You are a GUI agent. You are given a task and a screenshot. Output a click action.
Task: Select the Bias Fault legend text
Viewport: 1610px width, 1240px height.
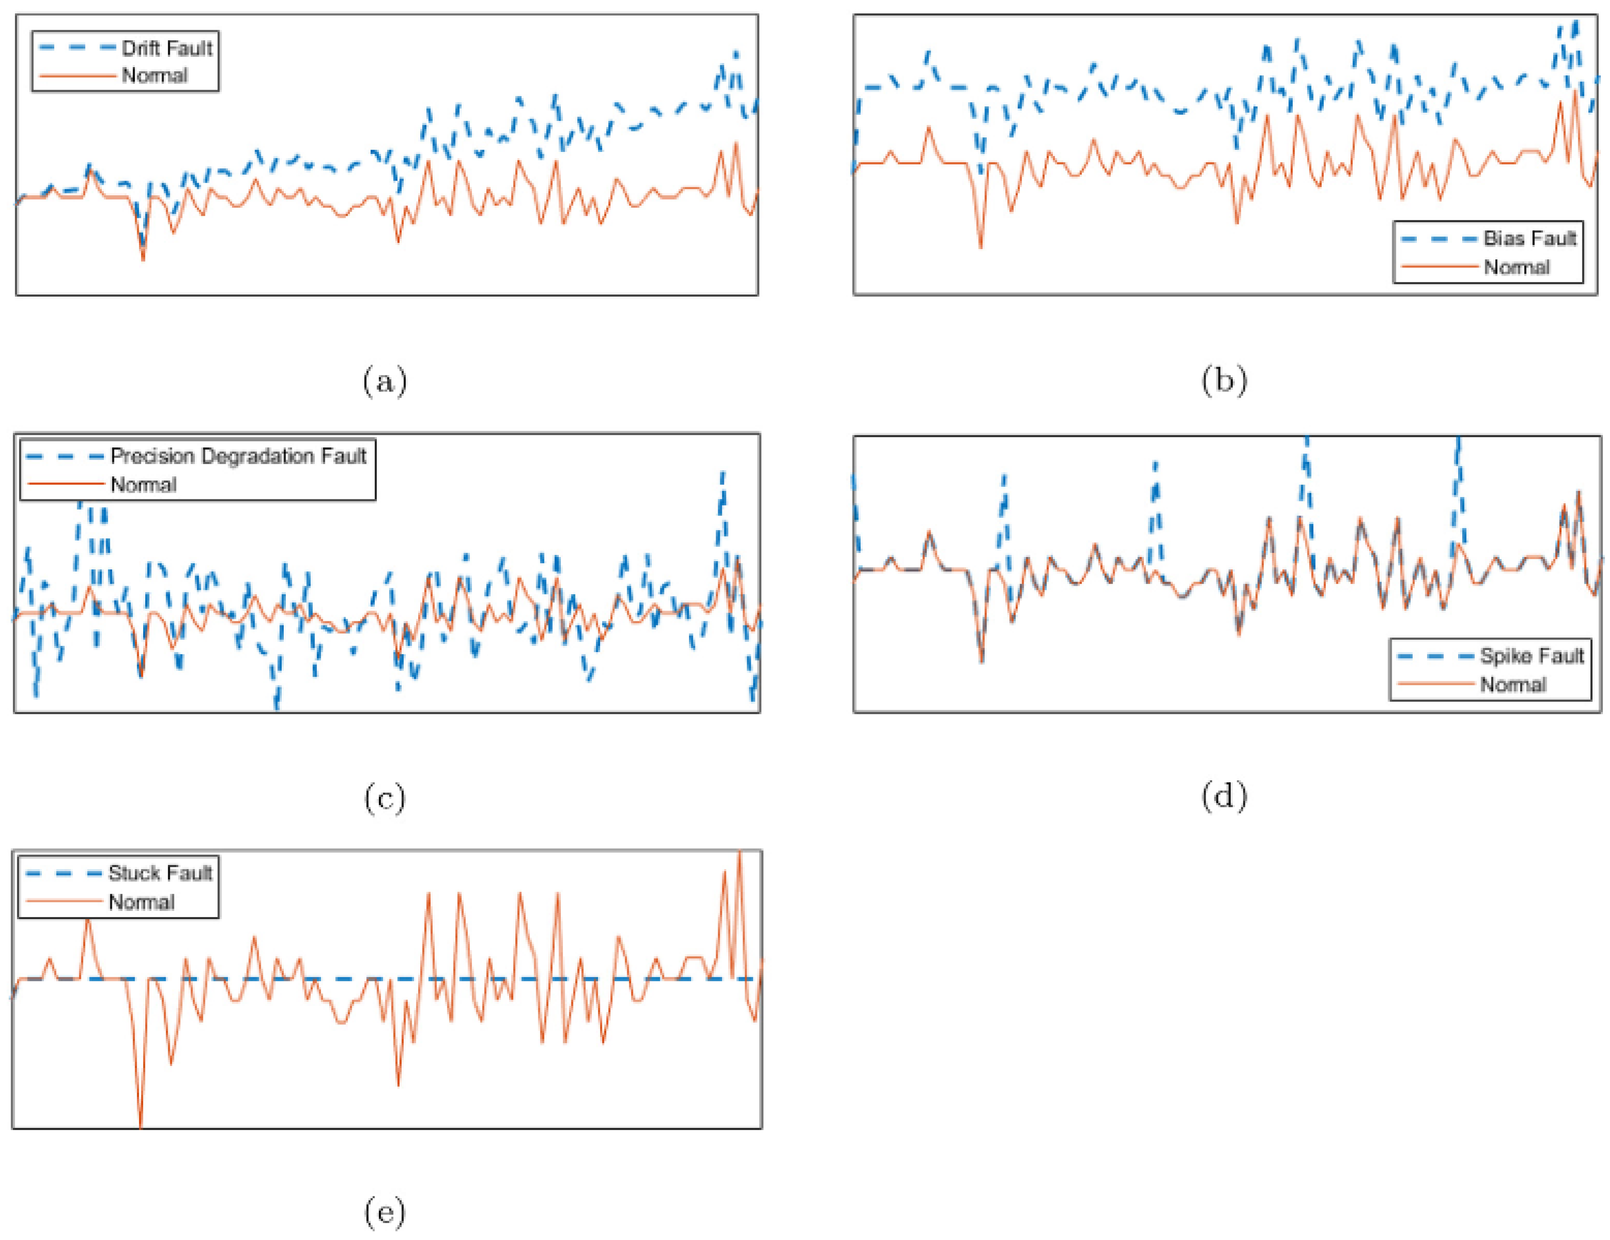pos(1529,238)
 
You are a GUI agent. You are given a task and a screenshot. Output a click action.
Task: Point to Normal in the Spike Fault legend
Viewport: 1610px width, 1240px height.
pos(1513,684)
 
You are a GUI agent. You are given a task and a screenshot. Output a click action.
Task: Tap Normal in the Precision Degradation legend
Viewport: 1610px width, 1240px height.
pos(143,485)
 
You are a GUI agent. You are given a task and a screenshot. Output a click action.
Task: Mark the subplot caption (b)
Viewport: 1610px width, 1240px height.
pos(1224,381)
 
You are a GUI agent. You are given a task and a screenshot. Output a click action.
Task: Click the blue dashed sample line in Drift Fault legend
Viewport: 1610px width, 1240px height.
pos(77,49)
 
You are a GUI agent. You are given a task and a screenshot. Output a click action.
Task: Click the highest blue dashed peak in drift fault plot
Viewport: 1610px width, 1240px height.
pos(735,53)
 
